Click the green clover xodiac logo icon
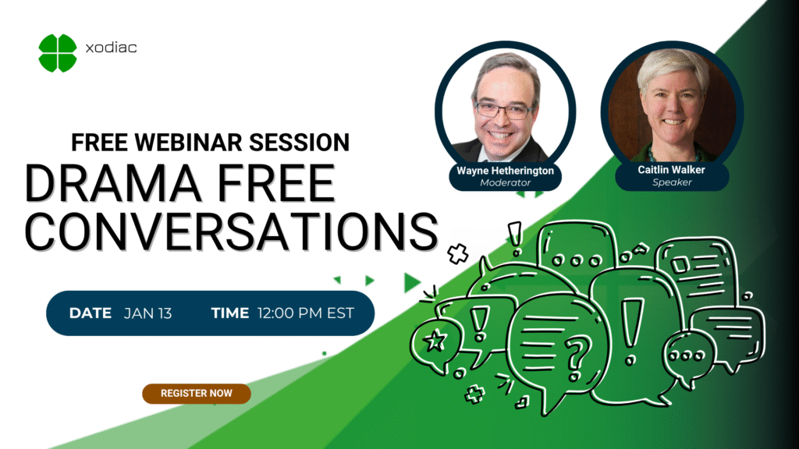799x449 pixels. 58,53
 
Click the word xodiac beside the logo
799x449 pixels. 111,48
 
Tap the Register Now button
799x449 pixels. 197,394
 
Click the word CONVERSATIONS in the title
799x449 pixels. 231,232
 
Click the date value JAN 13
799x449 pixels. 147,313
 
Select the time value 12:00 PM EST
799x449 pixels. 306,313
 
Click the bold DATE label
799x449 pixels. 91,313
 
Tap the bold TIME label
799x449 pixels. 230,313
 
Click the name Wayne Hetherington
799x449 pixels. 505,171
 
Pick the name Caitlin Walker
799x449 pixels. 672,170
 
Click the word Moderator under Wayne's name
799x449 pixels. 505,182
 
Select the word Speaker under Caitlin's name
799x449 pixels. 672,182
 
